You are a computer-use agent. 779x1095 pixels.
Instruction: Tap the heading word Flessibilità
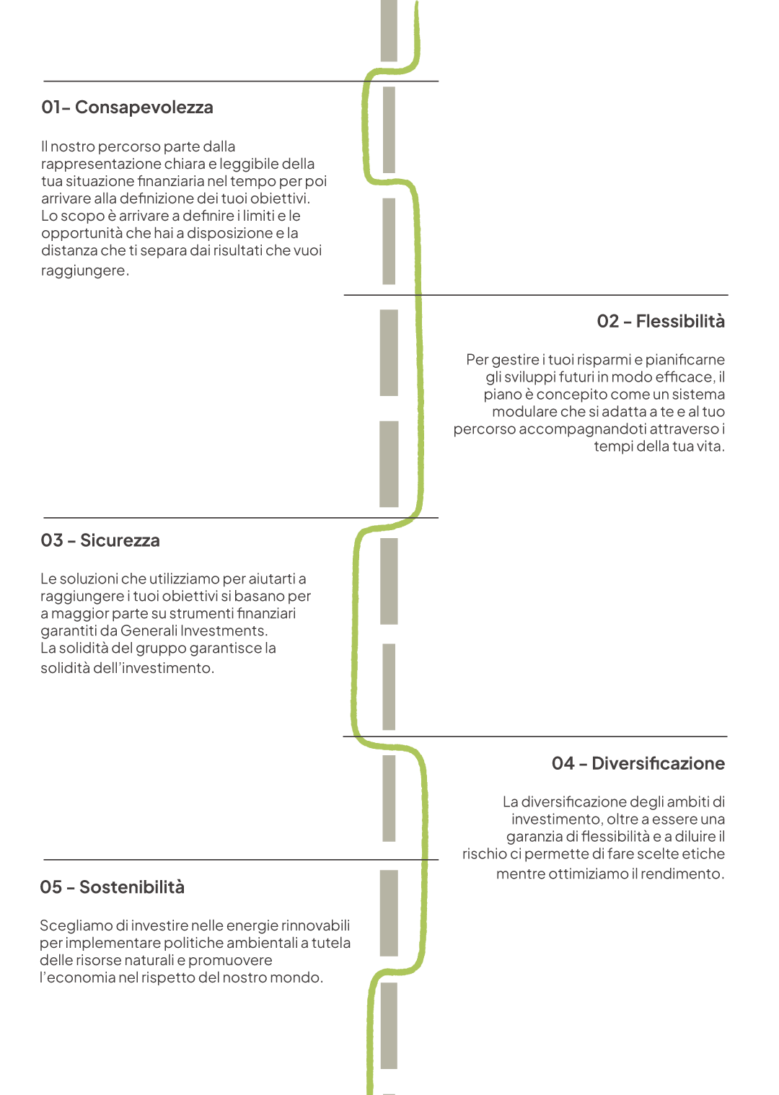[x=680, y=321]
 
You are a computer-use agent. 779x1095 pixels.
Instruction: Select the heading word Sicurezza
[x=120, y=540]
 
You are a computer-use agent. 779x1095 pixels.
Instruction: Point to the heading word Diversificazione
[x=659, y=763]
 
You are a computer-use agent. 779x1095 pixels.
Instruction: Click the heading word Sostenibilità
[x=132, y=887]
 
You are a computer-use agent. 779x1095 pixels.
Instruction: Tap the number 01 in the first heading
[x=50, y=107]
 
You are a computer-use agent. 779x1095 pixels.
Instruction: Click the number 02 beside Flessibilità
[x=608, y=321]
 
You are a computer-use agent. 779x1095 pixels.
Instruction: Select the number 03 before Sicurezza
[x=52, y=540]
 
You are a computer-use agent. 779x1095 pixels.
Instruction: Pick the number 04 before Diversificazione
[x=563, y=763]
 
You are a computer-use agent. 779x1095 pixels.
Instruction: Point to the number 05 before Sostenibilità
[x=50, y=887]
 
